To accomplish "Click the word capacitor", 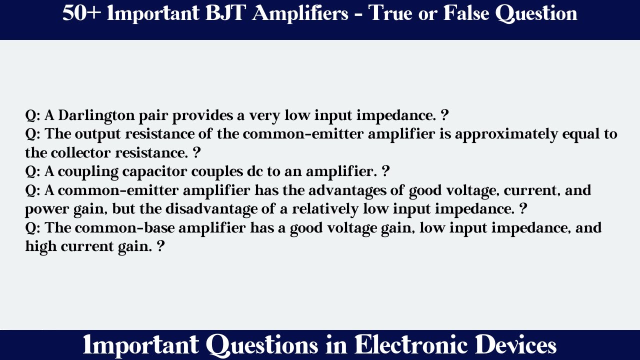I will tap(156, 172).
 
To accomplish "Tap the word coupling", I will tap(82, 172).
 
